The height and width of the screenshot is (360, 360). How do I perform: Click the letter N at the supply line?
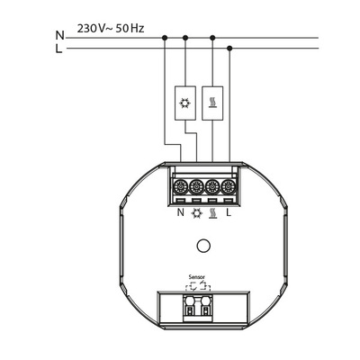coord(59,36)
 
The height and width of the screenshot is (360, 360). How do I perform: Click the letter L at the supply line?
coord(59,49)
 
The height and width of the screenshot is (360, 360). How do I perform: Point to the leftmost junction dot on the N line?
coord(166,37)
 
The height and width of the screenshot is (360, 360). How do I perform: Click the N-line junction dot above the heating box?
coord(211,37)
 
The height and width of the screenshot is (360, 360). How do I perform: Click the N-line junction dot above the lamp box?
coord(185,37)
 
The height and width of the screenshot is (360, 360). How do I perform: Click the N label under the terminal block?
coord(180,214)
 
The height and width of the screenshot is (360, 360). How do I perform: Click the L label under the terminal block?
coord(229,214)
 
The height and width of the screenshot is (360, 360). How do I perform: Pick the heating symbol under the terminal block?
coord(212,214)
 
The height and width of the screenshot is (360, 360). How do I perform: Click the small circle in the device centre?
coord(204,244)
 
